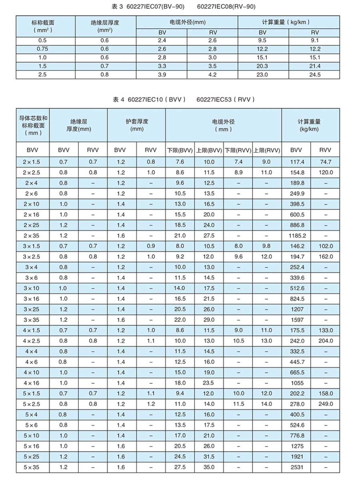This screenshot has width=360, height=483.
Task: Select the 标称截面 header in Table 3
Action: click(45, 26)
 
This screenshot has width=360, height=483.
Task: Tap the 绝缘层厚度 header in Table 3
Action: click(105, 26)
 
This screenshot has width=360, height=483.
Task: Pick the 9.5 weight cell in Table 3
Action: click(263, 40)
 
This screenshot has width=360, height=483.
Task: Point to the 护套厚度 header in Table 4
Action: click(137, 125)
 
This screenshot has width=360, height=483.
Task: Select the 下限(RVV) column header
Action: click(238, 151)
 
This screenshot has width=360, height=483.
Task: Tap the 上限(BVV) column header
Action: click(209, 151)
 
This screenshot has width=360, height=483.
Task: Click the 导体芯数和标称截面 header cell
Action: click(33, 125)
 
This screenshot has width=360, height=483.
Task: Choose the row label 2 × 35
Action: click(33, 236)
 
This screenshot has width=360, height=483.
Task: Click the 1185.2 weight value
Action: click(297, 236)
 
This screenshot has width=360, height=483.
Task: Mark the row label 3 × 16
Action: click(33, 299)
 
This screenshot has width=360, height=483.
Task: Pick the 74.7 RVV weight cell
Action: click(326, 162)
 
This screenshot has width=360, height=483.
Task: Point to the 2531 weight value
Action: click(297, 467)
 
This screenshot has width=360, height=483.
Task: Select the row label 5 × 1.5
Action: click(33, 393)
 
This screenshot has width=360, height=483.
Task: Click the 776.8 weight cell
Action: click(297, 435)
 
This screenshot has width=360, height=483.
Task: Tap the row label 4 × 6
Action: click(33, 362)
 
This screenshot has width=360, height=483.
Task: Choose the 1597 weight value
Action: click(297, 320)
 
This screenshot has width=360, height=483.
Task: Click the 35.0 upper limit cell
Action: click(209, 467)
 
